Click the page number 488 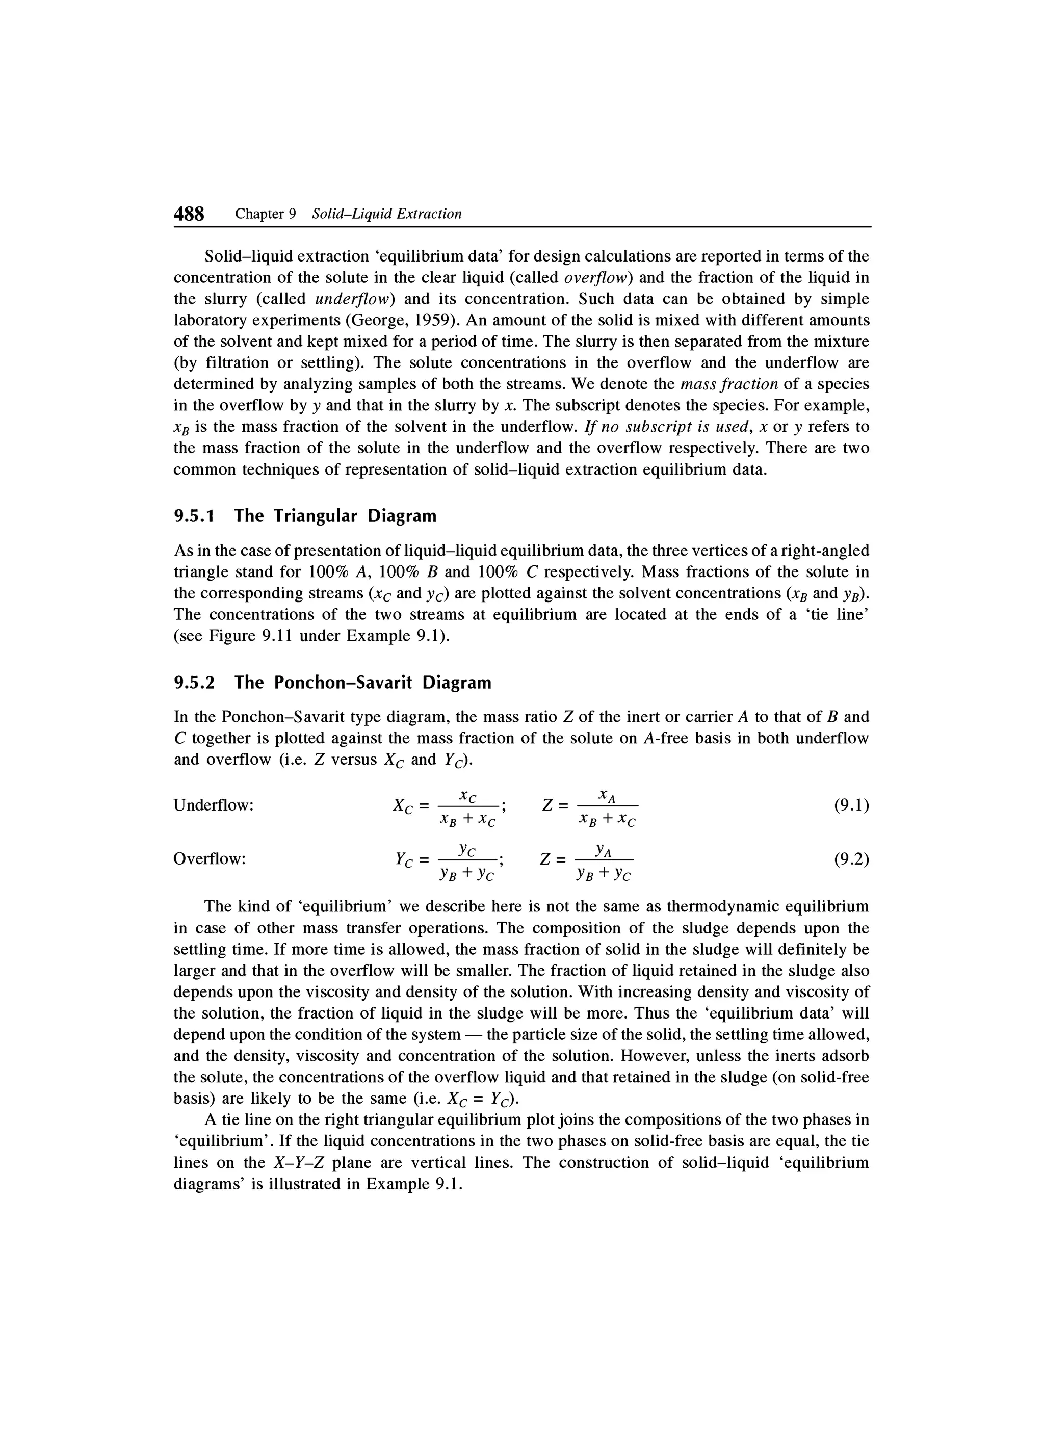pyautogui.click(x=189, y=214)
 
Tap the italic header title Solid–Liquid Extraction pyautogui.click(x=387, y=214)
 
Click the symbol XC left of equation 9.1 pyautogui.click(x=402, y=806)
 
